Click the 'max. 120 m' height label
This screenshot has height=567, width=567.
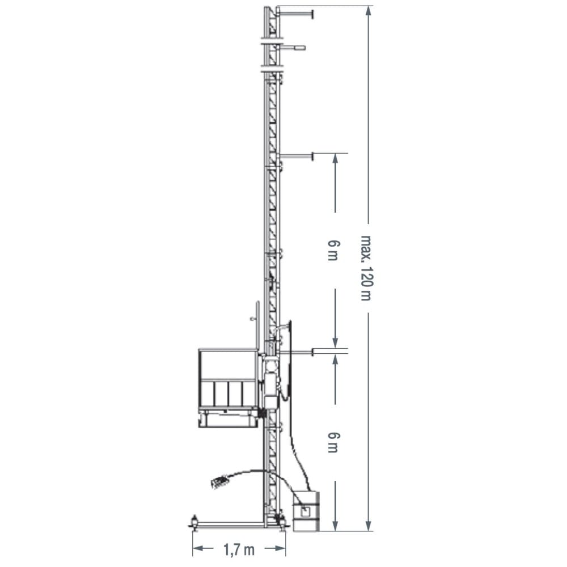pyautogui.click(x=366, y=268)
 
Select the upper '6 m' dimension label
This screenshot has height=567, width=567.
pyautogui.click(x=333, y=250)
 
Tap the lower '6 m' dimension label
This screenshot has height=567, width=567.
pyautogui.click(x=333, y=442)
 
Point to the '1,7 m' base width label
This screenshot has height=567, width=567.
pyautogui.click(x=239, y=550)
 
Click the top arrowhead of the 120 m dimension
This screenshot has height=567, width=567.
pyautogui.click(x=369, y=11)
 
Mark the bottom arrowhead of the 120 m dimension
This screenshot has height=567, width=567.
pyautogui.click(x=369, y=526)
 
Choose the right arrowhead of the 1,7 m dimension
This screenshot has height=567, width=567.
pyautogui.click(x=280, y=548)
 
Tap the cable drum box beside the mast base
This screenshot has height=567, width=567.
pyautogui.click(x=306, y=511)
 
